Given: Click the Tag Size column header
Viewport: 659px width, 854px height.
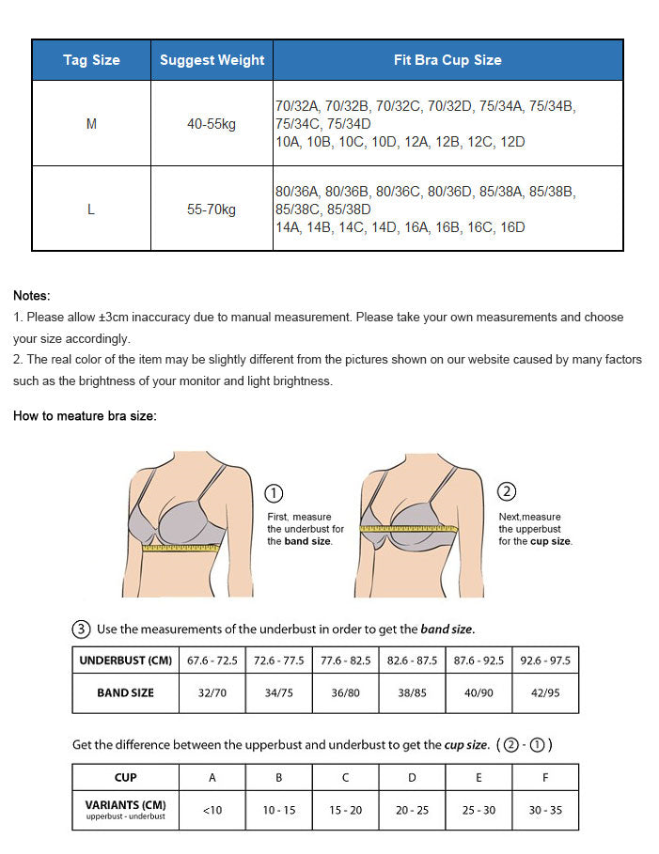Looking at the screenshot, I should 91,60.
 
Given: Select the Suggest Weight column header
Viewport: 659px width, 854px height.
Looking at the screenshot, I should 212,60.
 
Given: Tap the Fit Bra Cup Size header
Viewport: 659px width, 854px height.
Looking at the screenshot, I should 447,60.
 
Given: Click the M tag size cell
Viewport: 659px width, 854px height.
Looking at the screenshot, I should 91,124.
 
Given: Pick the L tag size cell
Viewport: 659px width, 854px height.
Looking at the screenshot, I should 91,210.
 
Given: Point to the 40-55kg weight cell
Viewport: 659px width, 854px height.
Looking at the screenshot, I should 212,124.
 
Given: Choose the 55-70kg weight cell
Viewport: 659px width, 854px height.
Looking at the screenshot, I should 212,210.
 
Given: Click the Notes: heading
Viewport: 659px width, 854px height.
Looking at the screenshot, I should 32,296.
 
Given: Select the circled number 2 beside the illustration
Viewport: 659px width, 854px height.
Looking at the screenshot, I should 507,491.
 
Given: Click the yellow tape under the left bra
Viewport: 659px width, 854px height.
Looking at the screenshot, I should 181,547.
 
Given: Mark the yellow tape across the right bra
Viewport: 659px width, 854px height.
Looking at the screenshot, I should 409,529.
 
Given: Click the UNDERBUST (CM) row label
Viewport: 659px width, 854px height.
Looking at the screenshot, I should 126,660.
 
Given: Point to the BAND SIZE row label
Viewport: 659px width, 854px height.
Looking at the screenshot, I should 126,693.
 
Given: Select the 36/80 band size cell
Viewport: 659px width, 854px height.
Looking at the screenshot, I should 345,693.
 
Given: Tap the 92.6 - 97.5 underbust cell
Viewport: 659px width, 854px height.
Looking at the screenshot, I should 545,660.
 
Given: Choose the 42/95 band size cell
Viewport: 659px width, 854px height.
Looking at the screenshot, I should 545,693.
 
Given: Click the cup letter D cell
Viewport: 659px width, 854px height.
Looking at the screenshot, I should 412,777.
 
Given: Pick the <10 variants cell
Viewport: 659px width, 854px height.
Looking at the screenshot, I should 212,810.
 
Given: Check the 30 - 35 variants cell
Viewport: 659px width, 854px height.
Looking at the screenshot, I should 545,810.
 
